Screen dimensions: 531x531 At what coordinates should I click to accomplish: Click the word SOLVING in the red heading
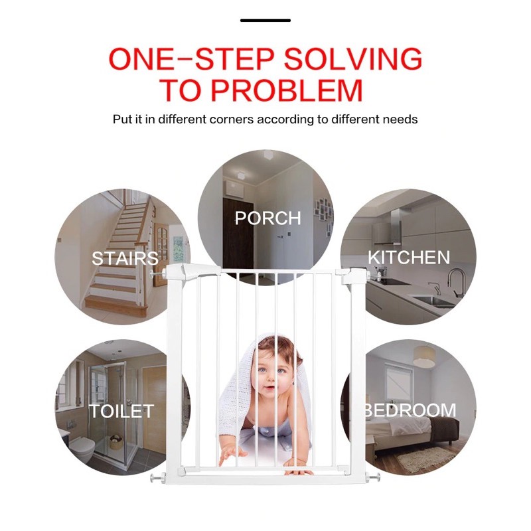click(353, 59)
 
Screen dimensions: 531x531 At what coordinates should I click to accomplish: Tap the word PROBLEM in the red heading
click(287, 90)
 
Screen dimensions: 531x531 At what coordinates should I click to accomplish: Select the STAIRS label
click(125, 258)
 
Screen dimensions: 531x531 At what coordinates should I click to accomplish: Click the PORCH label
click(268, 218)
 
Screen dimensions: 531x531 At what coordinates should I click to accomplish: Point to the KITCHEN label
click(409, 258)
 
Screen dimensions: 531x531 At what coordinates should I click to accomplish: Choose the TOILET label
click(121, 411)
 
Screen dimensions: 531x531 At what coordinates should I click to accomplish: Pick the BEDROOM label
click(411, 410)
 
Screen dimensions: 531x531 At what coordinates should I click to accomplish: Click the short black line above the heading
click(265, 21)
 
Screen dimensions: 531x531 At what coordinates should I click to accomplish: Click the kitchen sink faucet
click(457, 283)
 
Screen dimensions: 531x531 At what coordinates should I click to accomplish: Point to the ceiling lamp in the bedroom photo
click(424, 356)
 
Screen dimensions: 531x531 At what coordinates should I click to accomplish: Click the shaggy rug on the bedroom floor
click(426, 458)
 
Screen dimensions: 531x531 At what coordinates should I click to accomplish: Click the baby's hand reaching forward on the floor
click(231, 456)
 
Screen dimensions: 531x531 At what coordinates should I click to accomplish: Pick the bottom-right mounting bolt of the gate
click(374, 478)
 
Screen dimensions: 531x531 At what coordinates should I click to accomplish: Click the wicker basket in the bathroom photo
click(116, 442)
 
